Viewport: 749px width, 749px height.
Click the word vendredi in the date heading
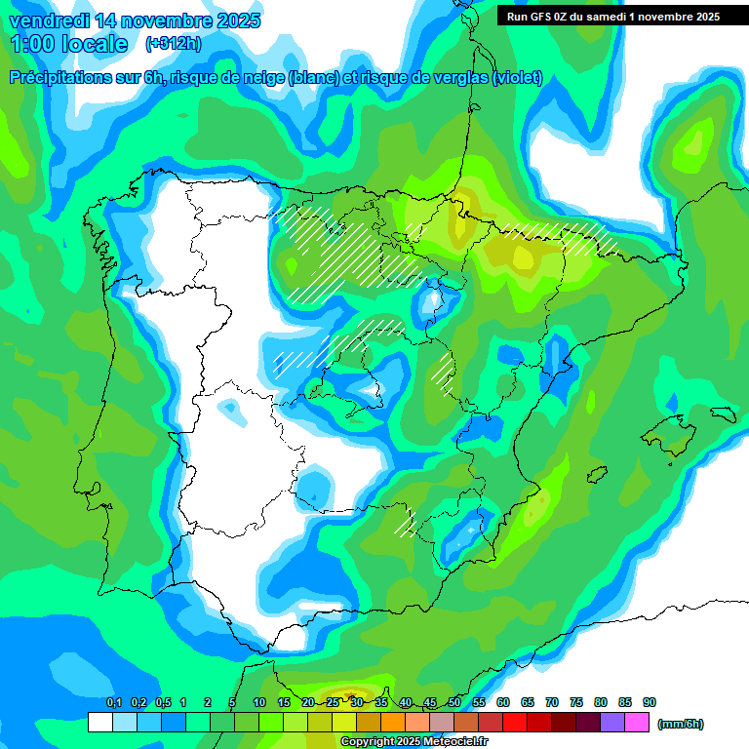click(48, 20)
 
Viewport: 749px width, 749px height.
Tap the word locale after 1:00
click(94, 44)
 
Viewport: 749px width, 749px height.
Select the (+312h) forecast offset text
click(173, 44)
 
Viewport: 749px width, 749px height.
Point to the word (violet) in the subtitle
click(517, 78)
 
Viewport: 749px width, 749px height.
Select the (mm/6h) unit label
click(681, 724)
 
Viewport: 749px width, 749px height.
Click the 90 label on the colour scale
click(650, 702)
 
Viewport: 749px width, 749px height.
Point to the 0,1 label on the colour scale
click(113, 702)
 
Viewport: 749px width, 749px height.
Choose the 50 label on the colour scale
click(454, 702)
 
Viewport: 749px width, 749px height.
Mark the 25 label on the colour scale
click(333, 702)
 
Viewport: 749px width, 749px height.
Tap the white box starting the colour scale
click(99, 723)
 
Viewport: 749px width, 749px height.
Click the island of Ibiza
click(596, 472)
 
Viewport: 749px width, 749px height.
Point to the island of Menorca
click(723, 414)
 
